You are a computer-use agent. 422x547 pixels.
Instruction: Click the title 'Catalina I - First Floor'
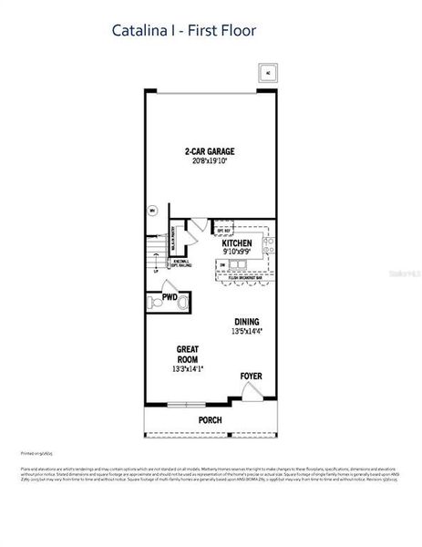184,30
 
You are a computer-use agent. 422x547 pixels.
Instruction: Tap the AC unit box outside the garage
267,73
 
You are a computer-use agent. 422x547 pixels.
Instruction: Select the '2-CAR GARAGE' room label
210,151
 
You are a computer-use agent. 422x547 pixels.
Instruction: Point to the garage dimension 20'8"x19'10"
210,161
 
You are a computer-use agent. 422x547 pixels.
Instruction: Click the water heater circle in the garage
151,211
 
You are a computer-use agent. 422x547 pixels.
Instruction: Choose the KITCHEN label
237,243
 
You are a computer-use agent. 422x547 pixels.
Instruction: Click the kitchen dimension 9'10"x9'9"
237,253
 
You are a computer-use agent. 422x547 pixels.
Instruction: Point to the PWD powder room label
169,297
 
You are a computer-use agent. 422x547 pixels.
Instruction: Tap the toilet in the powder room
183,302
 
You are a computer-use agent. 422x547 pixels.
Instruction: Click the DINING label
247,322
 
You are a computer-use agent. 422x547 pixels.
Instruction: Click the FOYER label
252,376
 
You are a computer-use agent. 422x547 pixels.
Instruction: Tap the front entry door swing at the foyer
254,392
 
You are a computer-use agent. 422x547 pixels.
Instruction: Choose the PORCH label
211,420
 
